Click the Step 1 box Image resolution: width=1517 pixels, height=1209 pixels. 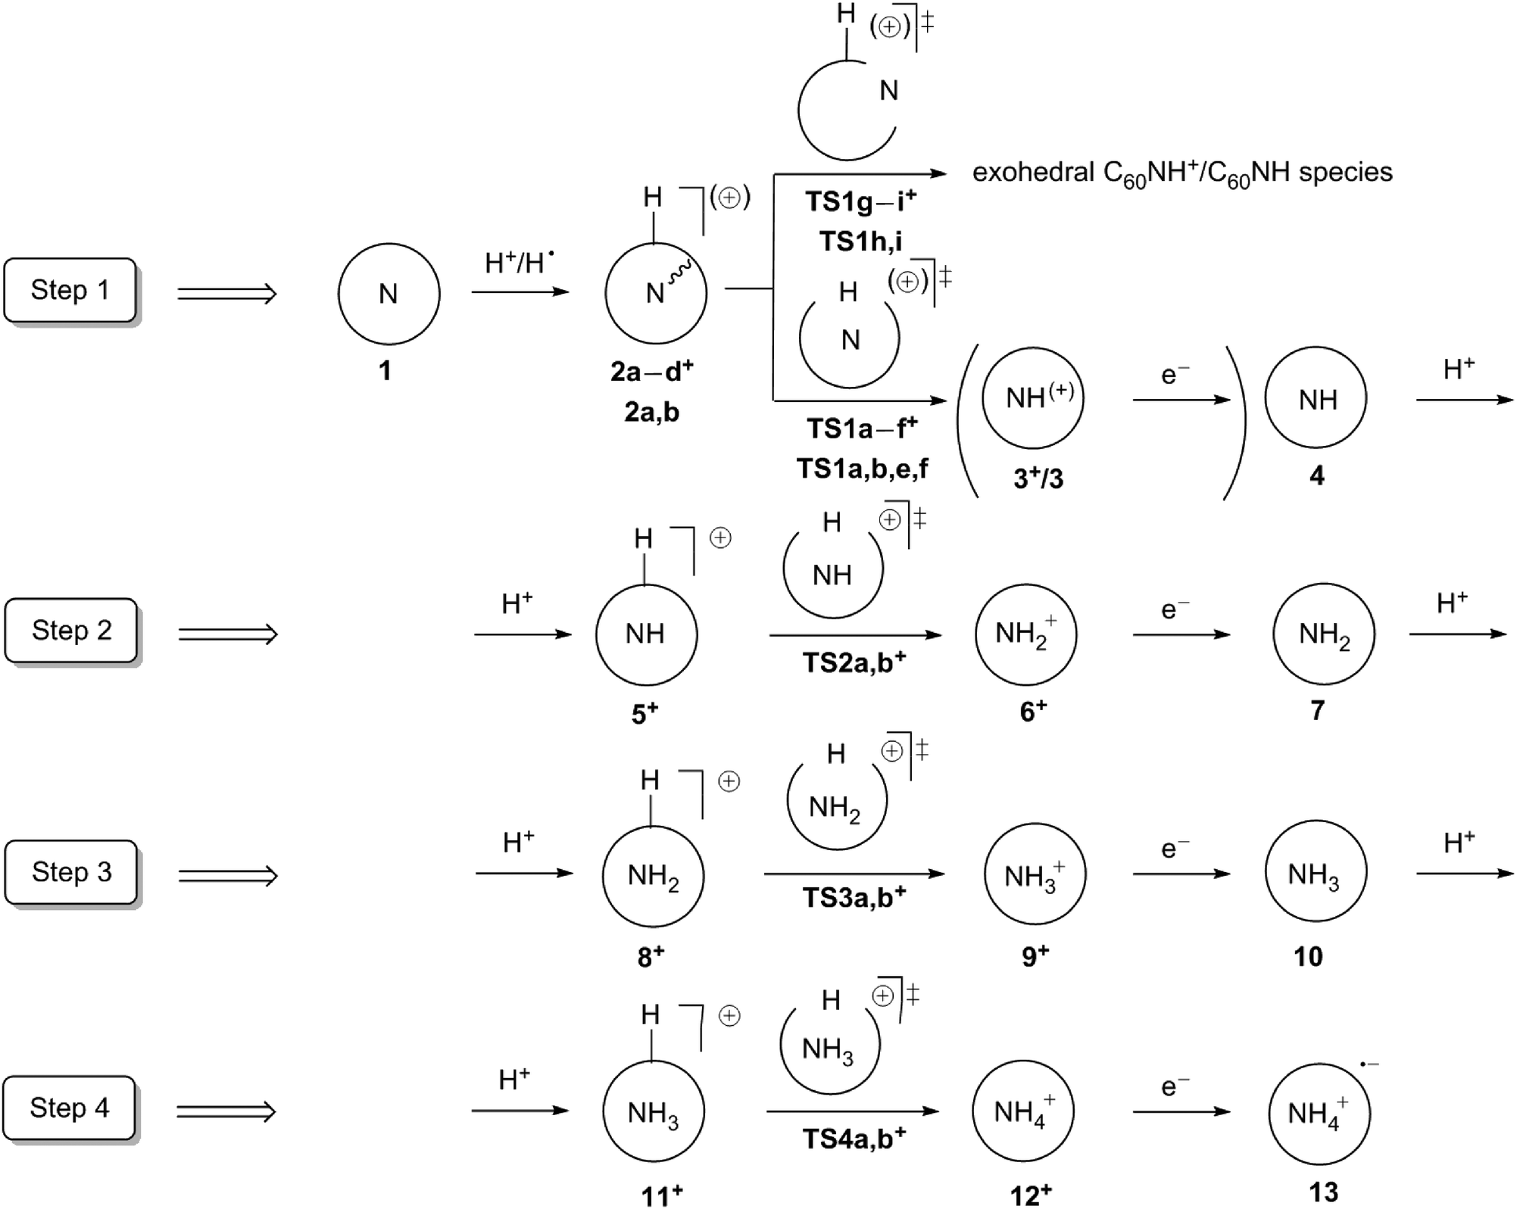pos(70,291)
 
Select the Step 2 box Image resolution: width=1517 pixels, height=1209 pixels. pos(71,631)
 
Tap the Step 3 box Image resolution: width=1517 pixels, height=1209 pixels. pos(71,872)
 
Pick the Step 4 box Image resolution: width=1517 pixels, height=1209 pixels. pos(70,1108)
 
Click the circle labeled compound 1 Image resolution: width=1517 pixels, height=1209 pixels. pos(389,294)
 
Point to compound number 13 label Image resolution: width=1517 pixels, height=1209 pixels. pos(1323,1192)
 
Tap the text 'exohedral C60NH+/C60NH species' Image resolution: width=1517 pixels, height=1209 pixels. pos(1182,173)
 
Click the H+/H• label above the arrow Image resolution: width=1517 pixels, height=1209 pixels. pos(520,262)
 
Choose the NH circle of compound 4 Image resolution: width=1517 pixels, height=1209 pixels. pos(1316,398)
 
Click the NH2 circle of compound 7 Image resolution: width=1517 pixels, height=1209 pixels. pos(1324,634)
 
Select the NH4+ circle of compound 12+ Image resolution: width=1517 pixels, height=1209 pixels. pos(1023,1111)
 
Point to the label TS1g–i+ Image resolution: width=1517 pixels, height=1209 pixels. pos(861,201)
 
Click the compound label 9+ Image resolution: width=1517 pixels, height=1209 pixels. pos(1035,955)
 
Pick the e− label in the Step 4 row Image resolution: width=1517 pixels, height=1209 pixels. pos(1175,1087)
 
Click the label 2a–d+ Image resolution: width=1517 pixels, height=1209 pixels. pos(652,371)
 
